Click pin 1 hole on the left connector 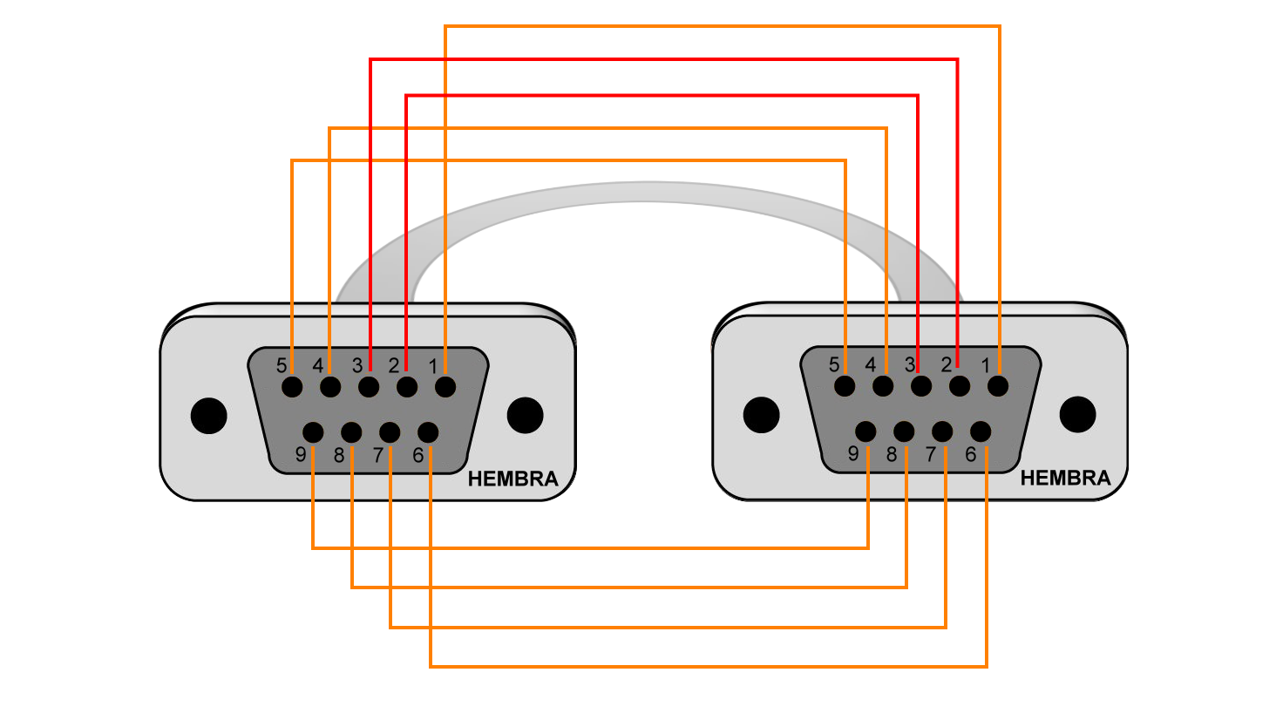445,387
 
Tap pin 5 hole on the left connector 292,387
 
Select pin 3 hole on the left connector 369,387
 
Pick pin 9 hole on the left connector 313,432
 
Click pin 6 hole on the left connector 428,432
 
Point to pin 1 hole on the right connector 998,385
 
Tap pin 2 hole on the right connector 960,385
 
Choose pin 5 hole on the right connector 845,385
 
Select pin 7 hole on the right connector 942,431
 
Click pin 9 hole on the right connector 865,431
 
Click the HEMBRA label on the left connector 512,479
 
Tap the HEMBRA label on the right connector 1065,478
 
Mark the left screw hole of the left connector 209,416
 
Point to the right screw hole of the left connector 526,415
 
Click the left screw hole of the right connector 762,415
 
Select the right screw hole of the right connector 1078,414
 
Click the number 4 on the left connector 318,365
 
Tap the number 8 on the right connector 892,454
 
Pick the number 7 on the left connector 377,455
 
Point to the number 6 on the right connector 971,454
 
